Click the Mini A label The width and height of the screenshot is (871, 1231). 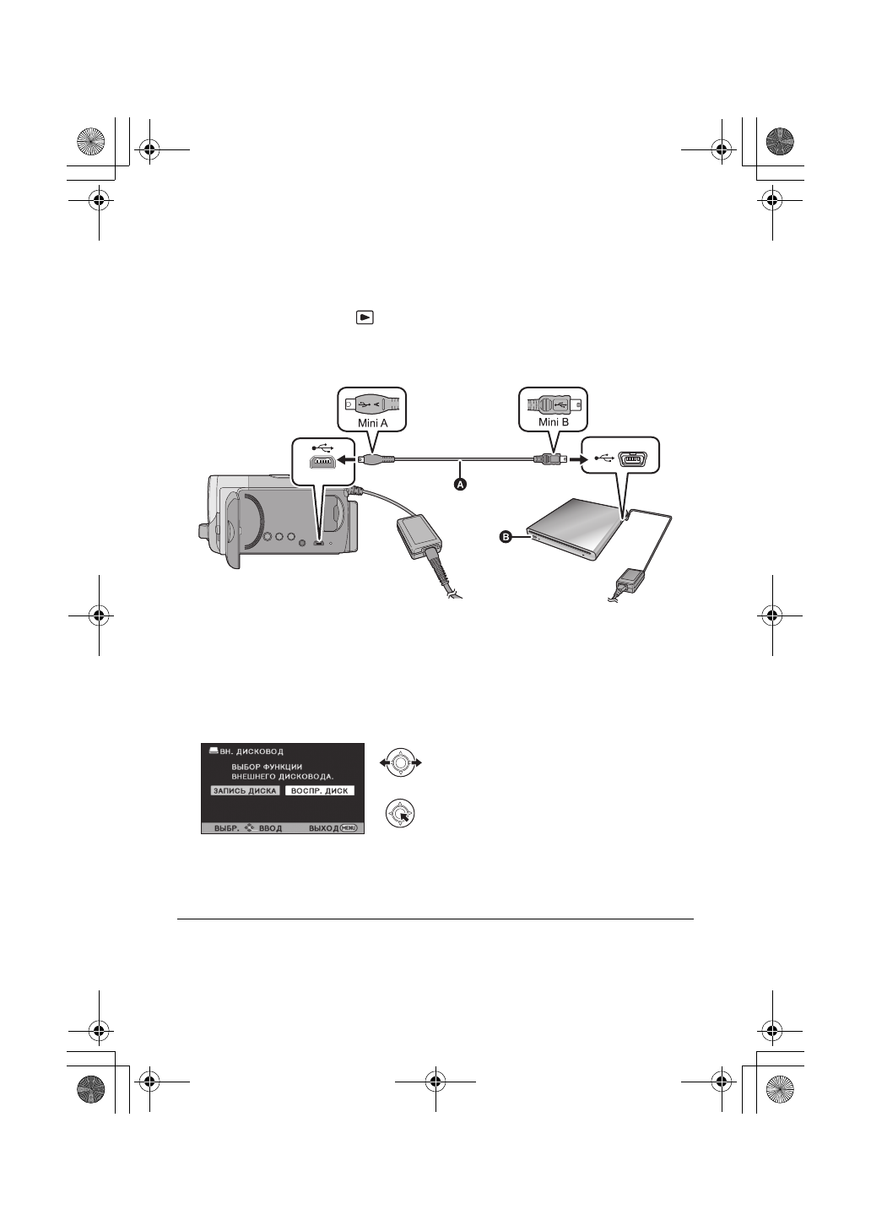371,421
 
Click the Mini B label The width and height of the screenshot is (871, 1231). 552,421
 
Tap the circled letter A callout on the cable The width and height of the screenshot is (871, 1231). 461,485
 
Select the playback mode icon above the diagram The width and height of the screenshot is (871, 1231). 364,317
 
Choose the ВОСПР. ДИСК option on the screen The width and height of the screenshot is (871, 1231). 319,791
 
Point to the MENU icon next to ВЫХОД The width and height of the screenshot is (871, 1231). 349,827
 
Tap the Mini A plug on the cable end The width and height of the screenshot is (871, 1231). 376,459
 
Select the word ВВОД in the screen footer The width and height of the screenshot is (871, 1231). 270,828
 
